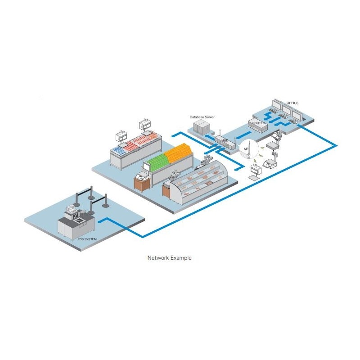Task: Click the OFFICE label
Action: click(292, 103)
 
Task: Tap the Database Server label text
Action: click(202, 117)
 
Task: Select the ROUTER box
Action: click(258, 125)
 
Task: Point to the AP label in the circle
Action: click(246, 149)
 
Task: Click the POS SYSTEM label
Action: click(87, 239)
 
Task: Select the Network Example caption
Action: click(170, 257)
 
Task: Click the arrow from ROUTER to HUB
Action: click(243, 135)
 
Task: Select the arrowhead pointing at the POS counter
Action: click(100, 221)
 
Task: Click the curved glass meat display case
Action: click(199, 182)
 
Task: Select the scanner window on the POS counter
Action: click(79, 221)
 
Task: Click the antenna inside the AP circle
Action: click(250, 149)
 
